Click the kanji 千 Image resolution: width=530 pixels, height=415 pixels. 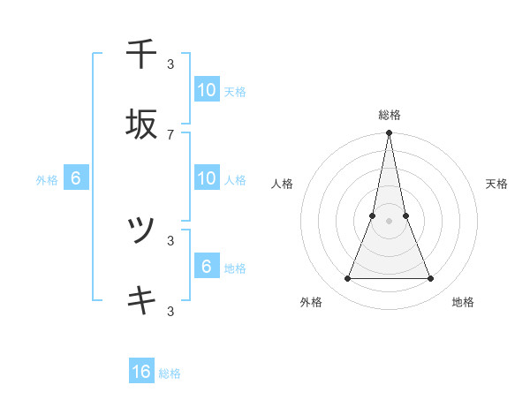141,55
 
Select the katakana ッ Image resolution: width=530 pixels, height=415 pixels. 141,231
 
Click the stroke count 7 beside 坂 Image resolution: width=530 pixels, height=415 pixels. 170,134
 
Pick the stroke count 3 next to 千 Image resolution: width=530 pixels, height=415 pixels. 170,64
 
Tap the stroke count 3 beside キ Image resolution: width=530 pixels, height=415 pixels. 170,311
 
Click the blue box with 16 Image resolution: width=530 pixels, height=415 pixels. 141,373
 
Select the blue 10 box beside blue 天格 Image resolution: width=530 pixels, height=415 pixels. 207,90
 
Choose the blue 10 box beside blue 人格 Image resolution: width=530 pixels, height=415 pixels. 207,178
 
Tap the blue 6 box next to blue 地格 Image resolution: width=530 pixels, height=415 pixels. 207,267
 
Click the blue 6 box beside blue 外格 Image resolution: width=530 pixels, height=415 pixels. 76,179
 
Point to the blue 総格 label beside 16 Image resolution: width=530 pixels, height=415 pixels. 170,373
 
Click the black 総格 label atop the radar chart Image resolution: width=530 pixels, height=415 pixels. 390,115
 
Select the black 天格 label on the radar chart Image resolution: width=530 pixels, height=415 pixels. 497,184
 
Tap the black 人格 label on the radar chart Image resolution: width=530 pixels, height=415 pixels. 283,184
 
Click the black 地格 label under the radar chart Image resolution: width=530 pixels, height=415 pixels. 463,302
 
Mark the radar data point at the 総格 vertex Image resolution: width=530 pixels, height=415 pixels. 390,133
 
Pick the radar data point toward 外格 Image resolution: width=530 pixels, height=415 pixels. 347,279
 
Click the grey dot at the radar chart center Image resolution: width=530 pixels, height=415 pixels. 390,221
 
